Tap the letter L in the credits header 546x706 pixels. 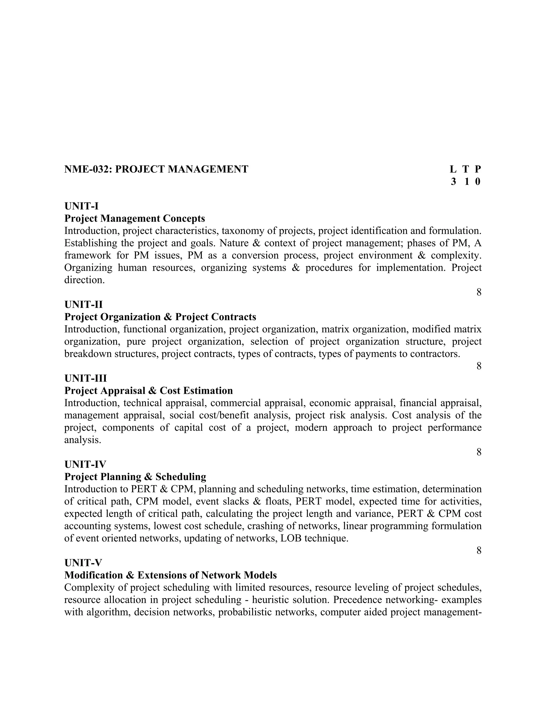453,169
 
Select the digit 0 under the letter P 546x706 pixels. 478,182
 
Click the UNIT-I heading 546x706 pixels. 82,206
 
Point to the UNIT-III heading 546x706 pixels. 85,378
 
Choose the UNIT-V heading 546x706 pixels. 83,563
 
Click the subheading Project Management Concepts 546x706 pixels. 135,218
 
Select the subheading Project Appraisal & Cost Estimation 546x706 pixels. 148,391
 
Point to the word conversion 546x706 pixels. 255,255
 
